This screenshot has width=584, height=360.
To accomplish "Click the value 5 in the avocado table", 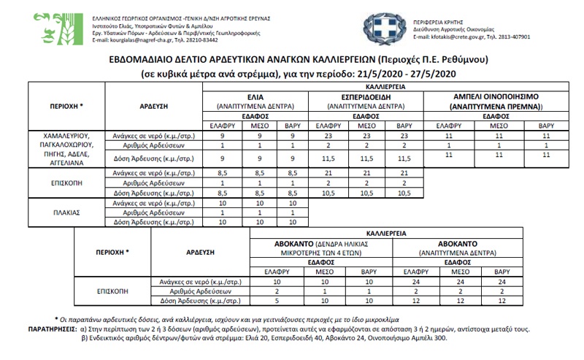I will (277, 299).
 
